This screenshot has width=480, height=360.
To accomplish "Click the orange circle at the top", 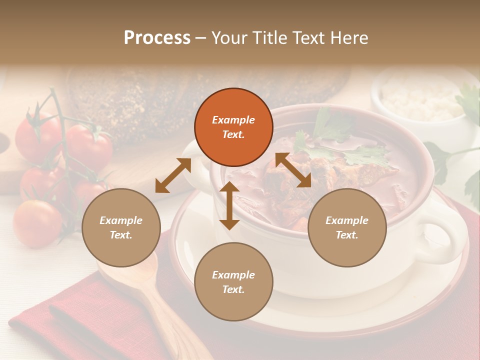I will (233, 127).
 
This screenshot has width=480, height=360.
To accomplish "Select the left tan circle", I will (121, 227).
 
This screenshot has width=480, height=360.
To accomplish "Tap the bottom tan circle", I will (233, 281).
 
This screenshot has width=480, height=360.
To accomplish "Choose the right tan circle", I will (347, 227).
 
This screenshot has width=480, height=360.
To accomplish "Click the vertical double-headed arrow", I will (229, 205).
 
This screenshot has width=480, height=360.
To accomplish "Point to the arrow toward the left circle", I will (173, 175).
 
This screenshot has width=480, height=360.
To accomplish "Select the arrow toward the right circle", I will (293, 170).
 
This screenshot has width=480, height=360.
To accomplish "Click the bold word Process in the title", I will (157, 38).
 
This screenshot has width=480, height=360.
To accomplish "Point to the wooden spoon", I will (150, 295).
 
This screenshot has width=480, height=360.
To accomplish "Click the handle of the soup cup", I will (445, 240).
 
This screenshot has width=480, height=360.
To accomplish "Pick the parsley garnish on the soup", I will (350, 150).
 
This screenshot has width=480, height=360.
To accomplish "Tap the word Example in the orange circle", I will (233, 120).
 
